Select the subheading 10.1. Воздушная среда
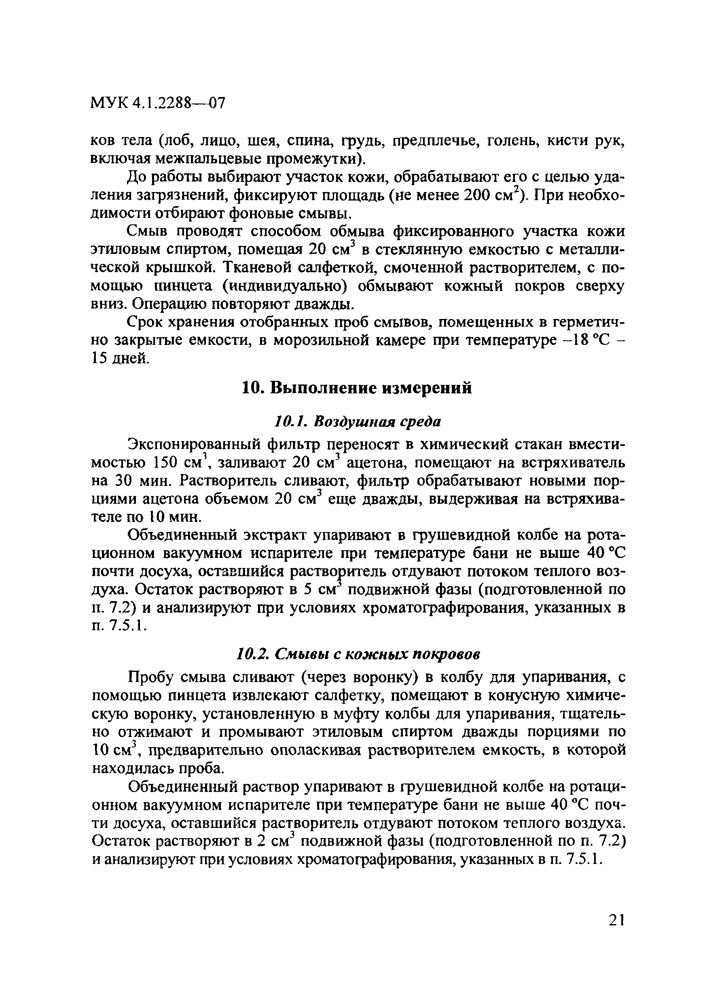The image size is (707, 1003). click(x=358, y=422)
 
